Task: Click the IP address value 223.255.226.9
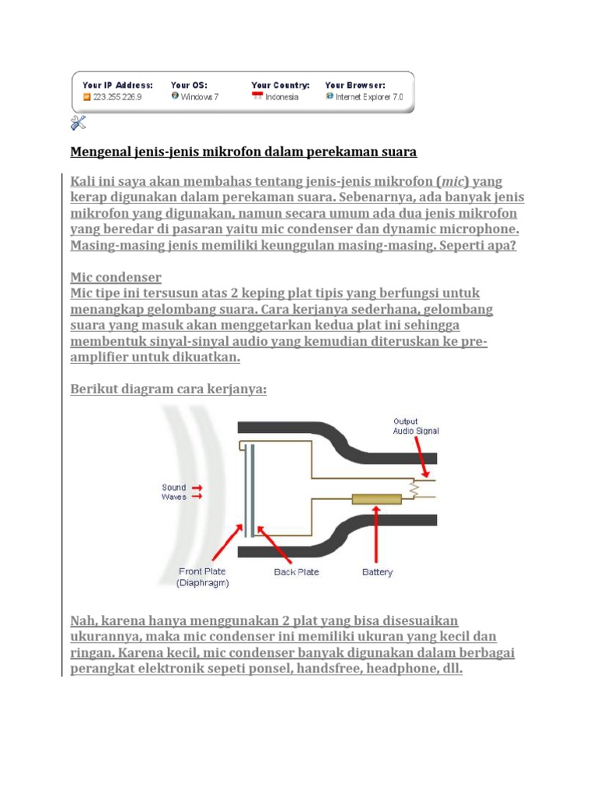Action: pyautogui.click(x=117, y=98)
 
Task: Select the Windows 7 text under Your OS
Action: pyautogui.click(x=200, y=98)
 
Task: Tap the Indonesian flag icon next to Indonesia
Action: pyautogui.click(x=257, y=97)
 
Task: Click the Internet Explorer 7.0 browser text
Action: pyautogui.click(x=369, y=98)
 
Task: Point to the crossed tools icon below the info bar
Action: pyautogui.click(x=78, y=121)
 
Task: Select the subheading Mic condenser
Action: pyautogui.click(x=116, y=277)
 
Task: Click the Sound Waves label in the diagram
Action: pyautogui.click(x=174, y=492)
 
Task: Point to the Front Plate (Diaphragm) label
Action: pyautogui.click(x=203, y=577)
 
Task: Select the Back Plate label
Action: pyautogui.click(x=296, y=572)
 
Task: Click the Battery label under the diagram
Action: pyautogui.click(x=378, y=572)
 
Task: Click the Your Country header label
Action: pyautogui.click(x=280, y=85)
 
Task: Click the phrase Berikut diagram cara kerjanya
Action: pyautogui.click(x=169, y=389)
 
